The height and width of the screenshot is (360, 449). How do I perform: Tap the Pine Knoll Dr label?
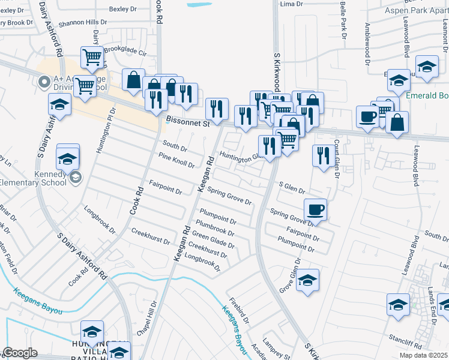[x=176, y=160]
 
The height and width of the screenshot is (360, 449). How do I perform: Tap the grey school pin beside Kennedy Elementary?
[x=76, y=177]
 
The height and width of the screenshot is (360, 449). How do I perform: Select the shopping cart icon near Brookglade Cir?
[x=92, y=58]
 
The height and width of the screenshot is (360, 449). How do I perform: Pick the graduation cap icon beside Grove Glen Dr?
[x=307, y=280]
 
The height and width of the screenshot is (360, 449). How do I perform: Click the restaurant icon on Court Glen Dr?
[x=324, y=155]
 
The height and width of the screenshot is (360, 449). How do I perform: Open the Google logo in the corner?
[x=19, y=353]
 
